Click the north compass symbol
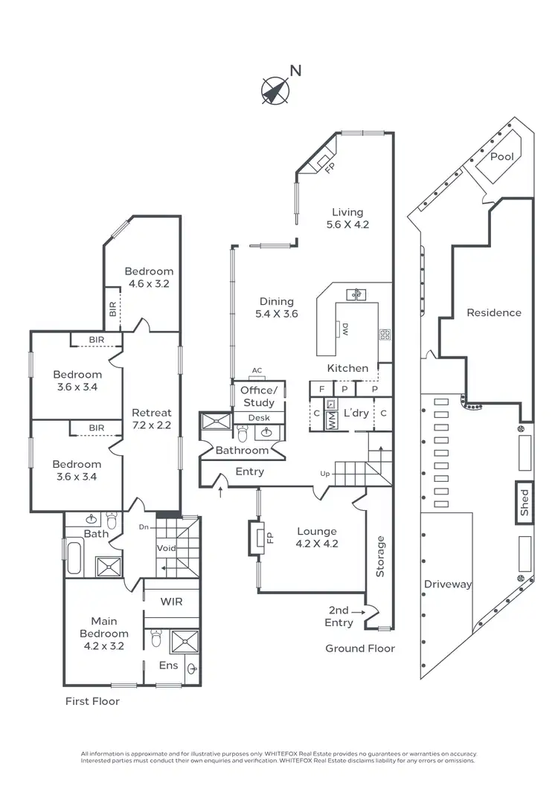pos(275,90)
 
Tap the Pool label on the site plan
pos(502,157)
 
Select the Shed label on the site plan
pos(524,502)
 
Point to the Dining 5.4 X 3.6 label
pos(277,308)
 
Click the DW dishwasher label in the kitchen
pos(345,329)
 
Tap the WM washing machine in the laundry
pos(332,419)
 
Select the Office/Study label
pos(258,396)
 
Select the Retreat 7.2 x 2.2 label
pos(151,419)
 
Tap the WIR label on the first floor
pos(171,601)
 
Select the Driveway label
pos(448,584)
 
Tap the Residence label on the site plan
pos(494,312)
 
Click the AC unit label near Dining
pos(257,370)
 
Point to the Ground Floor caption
pos(360,648)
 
